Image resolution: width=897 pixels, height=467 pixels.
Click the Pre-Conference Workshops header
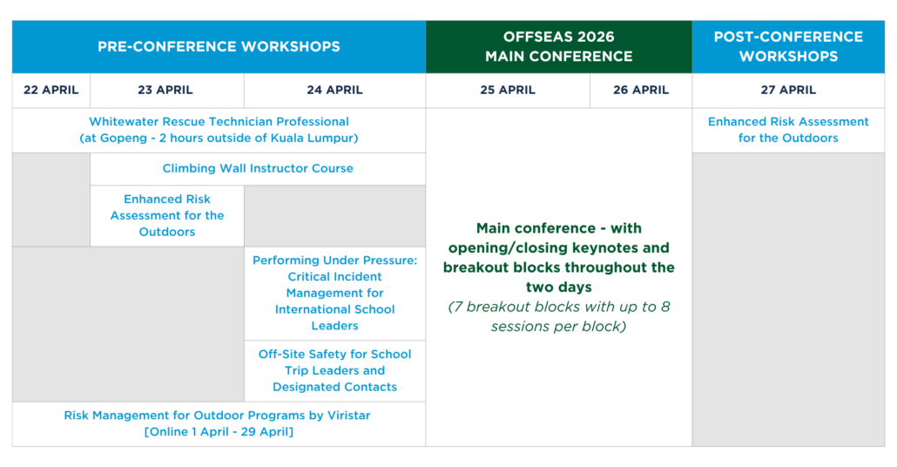219,47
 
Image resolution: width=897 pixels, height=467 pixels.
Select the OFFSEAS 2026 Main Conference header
559,47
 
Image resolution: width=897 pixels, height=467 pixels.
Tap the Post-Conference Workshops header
788,47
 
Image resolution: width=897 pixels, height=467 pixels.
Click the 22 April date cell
51,91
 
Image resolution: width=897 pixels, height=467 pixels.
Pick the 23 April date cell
165,91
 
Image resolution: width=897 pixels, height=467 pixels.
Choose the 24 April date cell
334,91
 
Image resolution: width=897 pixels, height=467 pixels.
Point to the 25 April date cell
508,91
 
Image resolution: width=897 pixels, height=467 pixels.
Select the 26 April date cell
641,91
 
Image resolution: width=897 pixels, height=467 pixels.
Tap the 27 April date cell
788,91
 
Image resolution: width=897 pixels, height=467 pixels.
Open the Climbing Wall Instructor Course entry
258,169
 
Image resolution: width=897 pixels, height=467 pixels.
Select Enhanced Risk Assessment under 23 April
167,216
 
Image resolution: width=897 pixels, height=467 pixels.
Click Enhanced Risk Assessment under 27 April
788,130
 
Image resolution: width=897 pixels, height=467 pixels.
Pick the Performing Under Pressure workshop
334,293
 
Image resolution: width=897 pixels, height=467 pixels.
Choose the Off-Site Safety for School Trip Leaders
334,371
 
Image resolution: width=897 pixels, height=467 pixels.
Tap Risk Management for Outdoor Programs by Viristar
217,416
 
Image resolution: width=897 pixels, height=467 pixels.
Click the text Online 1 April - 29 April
219,432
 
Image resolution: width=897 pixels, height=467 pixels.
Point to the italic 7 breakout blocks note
559,316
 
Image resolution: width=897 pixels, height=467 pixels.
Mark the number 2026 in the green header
595,37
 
